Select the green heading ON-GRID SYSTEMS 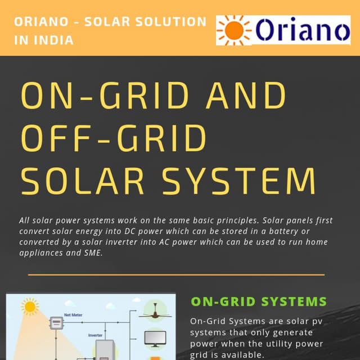click(x=259, y=301)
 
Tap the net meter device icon click(x=56, y=323)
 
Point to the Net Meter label click(x=73, y=315)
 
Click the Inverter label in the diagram click(x=95, y=335)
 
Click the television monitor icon click(x=155, y=337)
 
